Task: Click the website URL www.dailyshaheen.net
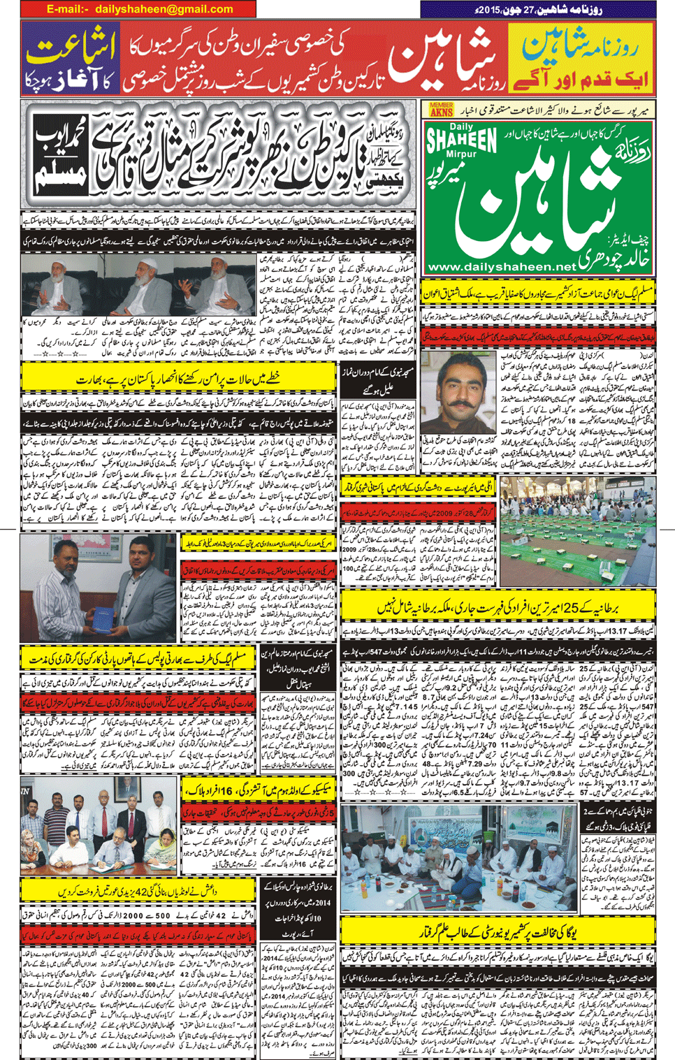pyautogui.click(x=502, y=267)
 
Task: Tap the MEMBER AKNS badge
pyautogui.click(x=441, y=109)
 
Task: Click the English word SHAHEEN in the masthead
pyautogui.click(x=462, y=139)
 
